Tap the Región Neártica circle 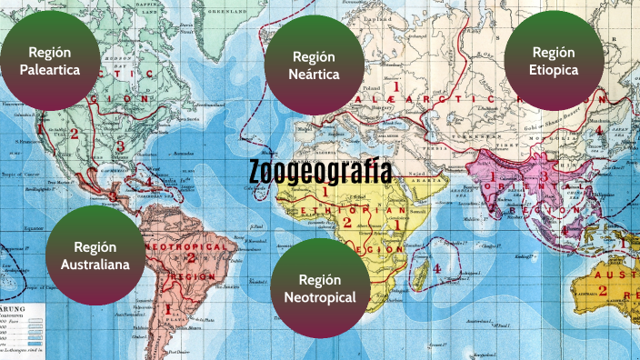pos(315,65)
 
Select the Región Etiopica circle pos(554,61)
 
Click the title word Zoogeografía pos(320,173)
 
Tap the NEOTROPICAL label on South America pos(185,247)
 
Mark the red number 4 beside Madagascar pos(437,269)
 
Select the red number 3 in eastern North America pos(119,145)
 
